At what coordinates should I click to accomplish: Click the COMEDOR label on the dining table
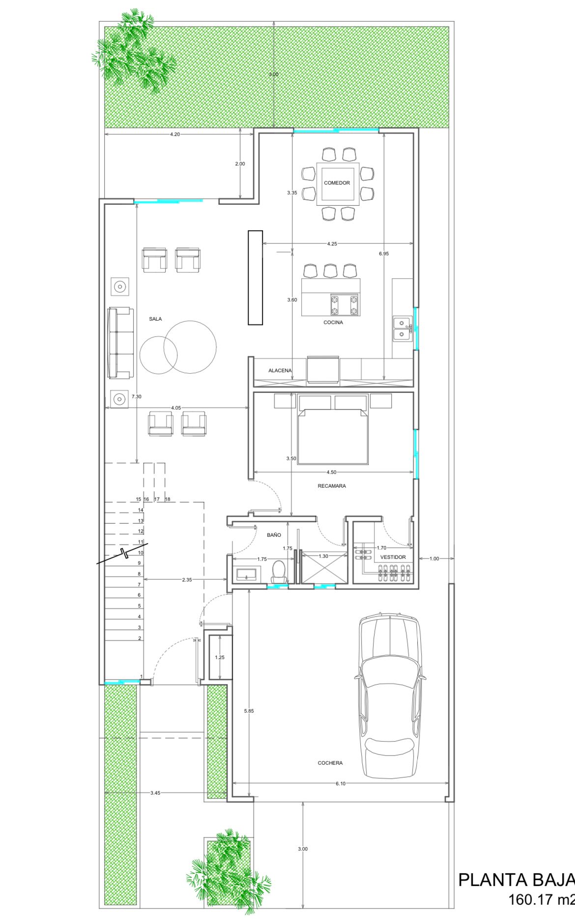pos(337,183)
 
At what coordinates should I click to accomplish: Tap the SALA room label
pos(155,319)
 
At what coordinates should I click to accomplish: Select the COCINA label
pos(333,322)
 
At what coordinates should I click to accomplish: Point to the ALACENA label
pos(280,370)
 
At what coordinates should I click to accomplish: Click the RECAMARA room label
pos(332,486)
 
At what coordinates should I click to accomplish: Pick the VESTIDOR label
pos(393,557)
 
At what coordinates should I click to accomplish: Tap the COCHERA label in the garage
pos(330,763)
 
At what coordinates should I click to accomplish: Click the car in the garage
pos(390,695)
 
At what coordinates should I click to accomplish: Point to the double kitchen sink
pos(402,329)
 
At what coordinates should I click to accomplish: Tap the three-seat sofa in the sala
pos(120,343)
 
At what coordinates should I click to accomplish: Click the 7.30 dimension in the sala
pos(137,396)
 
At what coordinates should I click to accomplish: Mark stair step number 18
pos(168,499)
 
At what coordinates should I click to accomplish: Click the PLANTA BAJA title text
pos(517,880)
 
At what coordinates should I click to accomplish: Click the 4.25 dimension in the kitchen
pos(332,244)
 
